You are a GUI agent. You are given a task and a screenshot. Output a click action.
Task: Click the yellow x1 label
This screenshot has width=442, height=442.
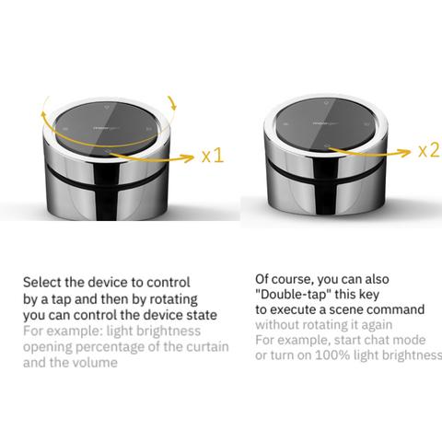coord(213,156)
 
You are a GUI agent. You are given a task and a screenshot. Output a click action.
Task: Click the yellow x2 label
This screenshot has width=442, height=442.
coord(430,150)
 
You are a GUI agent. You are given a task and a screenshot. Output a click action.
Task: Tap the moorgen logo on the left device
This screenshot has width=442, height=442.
coord(106,128)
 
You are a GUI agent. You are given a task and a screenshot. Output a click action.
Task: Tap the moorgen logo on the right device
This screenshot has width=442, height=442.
coord(325,123)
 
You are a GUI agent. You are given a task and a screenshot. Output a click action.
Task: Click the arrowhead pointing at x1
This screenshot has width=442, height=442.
coord(190,157)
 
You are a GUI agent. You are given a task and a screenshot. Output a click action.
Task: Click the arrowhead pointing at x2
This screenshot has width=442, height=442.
coord(406,152)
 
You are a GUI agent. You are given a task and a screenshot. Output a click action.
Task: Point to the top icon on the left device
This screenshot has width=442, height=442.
coord(107,107)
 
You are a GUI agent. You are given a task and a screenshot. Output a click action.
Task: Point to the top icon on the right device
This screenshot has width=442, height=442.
coord(326,103)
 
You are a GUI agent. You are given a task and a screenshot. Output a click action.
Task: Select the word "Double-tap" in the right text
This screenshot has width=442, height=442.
coord(294,295)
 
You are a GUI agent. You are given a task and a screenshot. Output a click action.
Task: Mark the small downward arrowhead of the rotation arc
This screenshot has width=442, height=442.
coord(174,106)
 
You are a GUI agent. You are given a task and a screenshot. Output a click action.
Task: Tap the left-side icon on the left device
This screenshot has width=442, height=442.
coord(65,129)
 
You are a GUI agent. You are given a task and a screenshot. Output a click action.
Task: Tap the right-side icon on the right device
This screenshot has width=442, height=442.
coord(366,124)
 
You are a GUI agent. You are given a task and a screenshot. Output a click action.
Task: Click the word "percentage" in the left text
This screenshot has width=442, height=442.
coord(110,347)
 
